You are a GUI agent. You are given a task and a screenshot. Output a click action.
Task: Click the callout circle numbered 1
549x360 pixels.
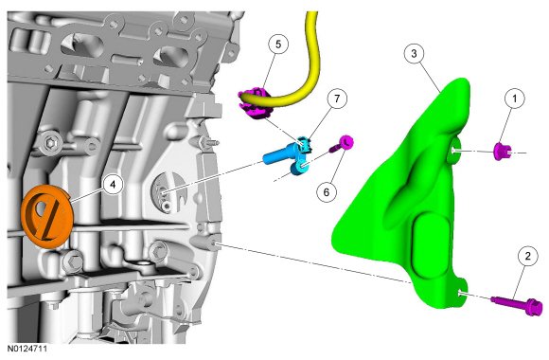[x=514, y=99]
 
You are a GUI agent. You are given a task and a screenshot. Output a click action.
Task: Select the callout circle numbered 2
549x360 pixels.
[x=527, y=256]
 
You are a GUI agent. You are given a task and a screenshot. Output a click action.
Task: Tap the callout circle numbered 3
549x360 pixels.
[x=415, y=54]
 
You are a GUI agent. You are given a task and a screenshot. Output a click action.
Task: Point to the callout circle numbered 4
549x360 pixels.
[x=113, y=185]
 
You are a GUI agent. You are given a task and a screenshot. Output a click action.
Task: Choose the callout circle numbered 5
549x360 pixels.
[x=278, y=45]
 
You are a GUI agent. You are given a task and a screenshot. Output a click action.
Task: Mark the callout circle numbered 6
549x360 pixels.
[x=327, y=191]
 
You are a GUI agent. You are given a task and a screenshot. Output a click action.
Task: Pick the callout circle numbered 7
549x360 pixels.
[x=336, y=99]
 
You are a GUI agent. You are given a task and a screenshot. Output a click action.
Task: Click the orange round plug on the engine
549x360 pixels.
[x=47, y=216]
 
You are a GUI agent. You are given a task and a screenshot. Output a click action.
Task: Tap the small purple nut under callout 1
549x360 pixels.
[x=502, y=151]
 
